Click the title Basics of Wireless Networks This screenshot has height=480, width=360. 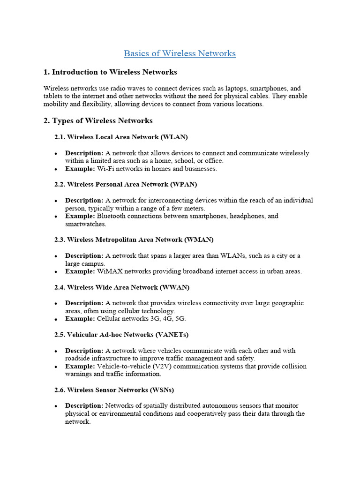[180, 53]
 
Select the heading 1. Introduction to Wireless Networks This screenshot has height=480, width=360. [110, 72]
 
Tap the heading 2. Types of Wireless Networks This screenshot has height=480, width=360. [98, 120]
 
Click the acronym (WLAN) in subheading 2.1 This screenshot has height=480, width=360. [174, 137]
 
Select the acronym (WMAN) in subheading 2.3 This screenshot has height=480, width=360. [199, 240]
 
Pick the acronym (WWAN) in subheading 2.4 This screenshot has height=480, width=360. [174, 287]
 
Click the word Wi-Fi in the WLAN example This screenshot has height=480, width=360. [105, 169]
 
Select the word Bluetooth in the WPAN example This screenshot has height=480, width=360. [112, 216]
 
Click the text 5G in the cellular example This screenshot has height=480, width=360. [180, 319]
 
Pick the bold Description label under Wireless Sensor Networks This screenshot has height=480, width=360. [84, 405]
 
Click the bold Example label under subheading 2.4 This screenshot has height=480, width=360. [80, 319]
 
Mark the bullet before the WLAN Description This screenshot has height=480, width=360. [56, 154]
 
